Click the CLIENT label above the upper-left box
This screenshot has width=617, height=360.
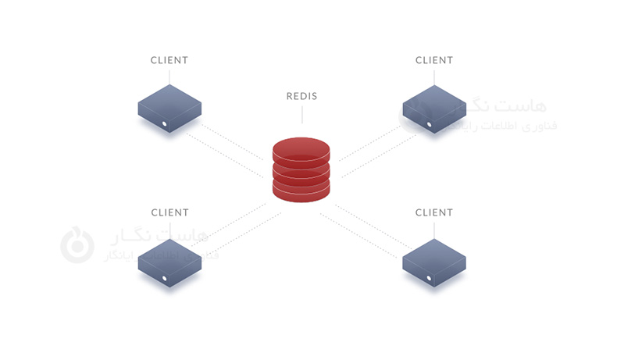click(169, 60)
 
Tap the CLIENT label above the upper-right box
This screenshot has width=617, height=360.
click(433, 60)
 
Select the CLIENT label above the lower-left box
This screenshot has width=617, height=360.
click(169, 212)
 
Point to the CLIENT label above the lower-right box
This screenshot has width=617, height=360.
click(433, 212)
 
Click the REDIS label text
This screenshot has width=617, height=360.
click(301, 97)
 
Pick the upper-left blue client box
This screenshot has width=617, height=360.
click(169, 105)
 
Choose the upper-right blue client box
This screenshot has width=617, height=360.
click(433, 105)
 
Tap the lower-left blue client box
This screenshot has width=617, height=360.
click(169, 257)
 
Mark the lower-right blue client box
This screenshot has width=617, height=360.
click(433, 257)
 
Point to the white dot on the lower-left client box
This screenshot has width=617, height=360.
click(164, 277)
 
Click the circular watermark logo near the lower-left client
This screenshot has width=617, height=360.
click(77, 244)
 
